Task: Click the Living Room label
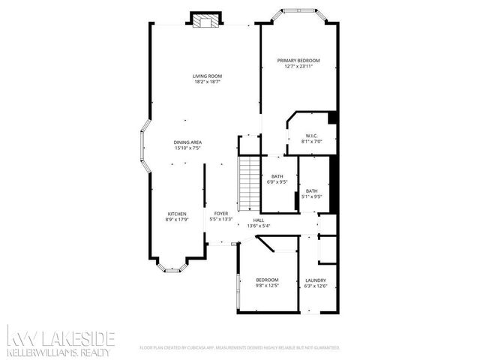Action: (x=207, y=76)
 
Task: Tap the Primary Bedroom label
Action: (x=298, y=60)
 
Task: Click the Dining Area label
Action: (x=187, y=142)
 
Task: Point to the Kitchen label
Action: (x=176, y=214)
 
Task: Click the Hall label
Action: (x=258, y=220)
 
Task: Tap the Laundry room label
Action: (x=315, y=281)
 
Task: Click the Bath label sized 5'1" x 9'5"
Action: (x=311, y=191)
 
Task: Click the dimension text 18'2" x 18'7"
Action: (x=207, y=82)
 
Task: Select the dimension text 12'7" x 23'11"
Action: (x=298, y=67)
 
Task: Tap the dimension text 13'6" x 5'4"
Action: (x=258, y=226)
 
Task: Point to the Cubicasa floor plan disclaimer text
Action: (x=240, y=348)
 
